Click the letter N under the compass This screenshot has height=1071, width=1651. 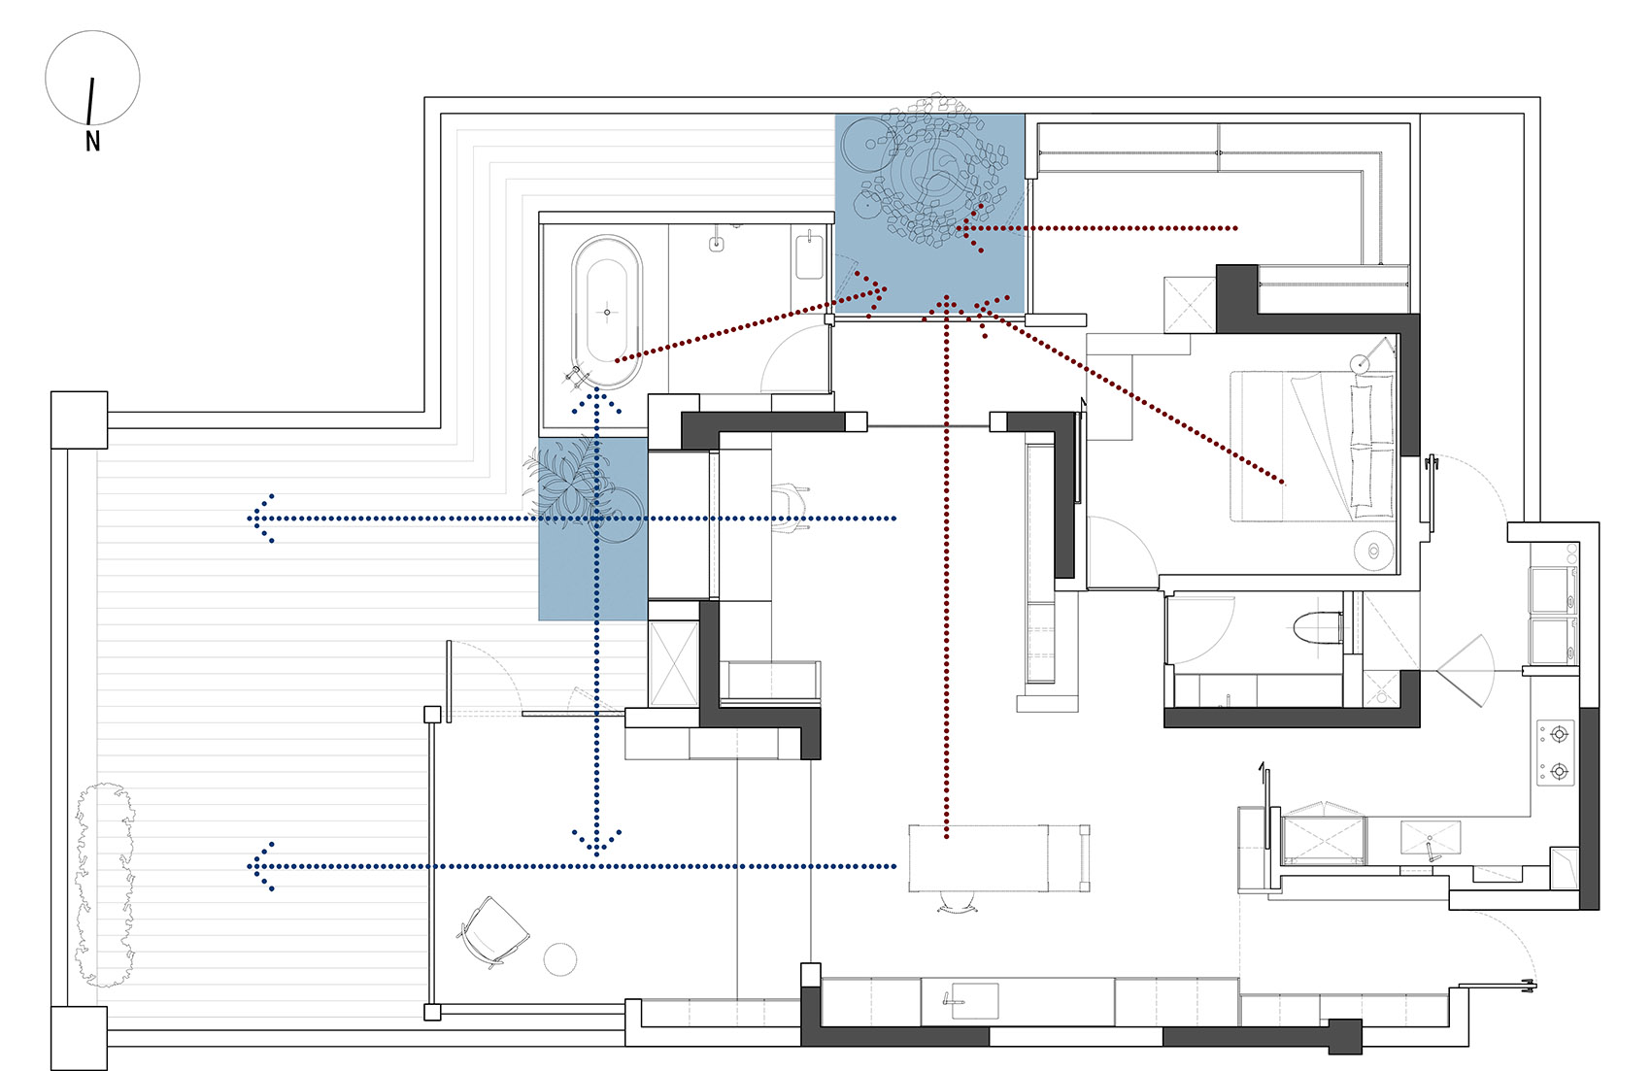pyautogui.click(x=92, y=142)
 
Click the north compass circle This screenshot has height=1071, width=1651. pyautogui.click(x=92, y=32)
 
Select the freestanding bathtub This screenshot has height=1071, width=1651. pyautogui.click(x=607, y=312)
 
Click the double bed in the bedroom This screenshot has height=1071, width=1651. pyautogui.click(x=1313, y=446)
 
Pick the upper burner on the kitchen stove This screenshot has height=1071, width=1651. pyautogui.click(x=1558, y=734)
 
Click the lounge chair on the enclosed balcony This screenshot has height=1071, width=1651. pyautogui.click(x=492, y=932)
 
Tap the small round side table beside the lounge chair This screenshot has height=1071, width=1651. pyautogui.click(x=560, y=959)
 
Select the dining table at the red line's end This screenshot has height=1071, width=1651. pyautogui.click(x=978, y=858)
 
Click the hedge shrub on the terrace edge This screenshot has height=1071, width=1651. pyautogui.click(x=105, y=885)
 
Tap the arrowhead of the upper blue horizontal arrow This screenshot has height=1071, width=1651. pyautogui.click(x=261, y=519)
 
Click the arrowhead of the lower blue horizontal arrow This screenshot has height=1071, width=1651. pyautogui.click(x=261, y=866)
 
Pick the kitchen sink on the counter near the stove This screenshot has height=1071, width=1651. pyautogui.click(x=1430, y=838)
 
